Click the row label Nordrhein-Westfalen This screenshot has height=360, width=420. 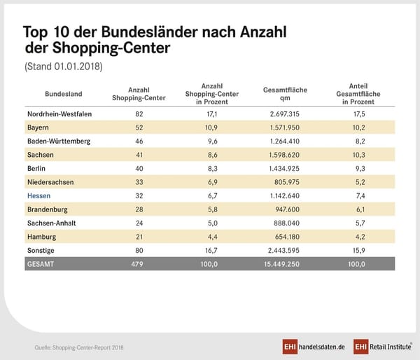[59, 114]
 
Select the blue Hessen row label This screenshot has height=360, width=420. [40, 195]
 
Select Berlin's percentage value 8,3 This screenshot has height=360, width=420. [211, 168]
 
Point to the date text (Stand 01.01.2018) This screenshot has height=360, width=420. [63, 67]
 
